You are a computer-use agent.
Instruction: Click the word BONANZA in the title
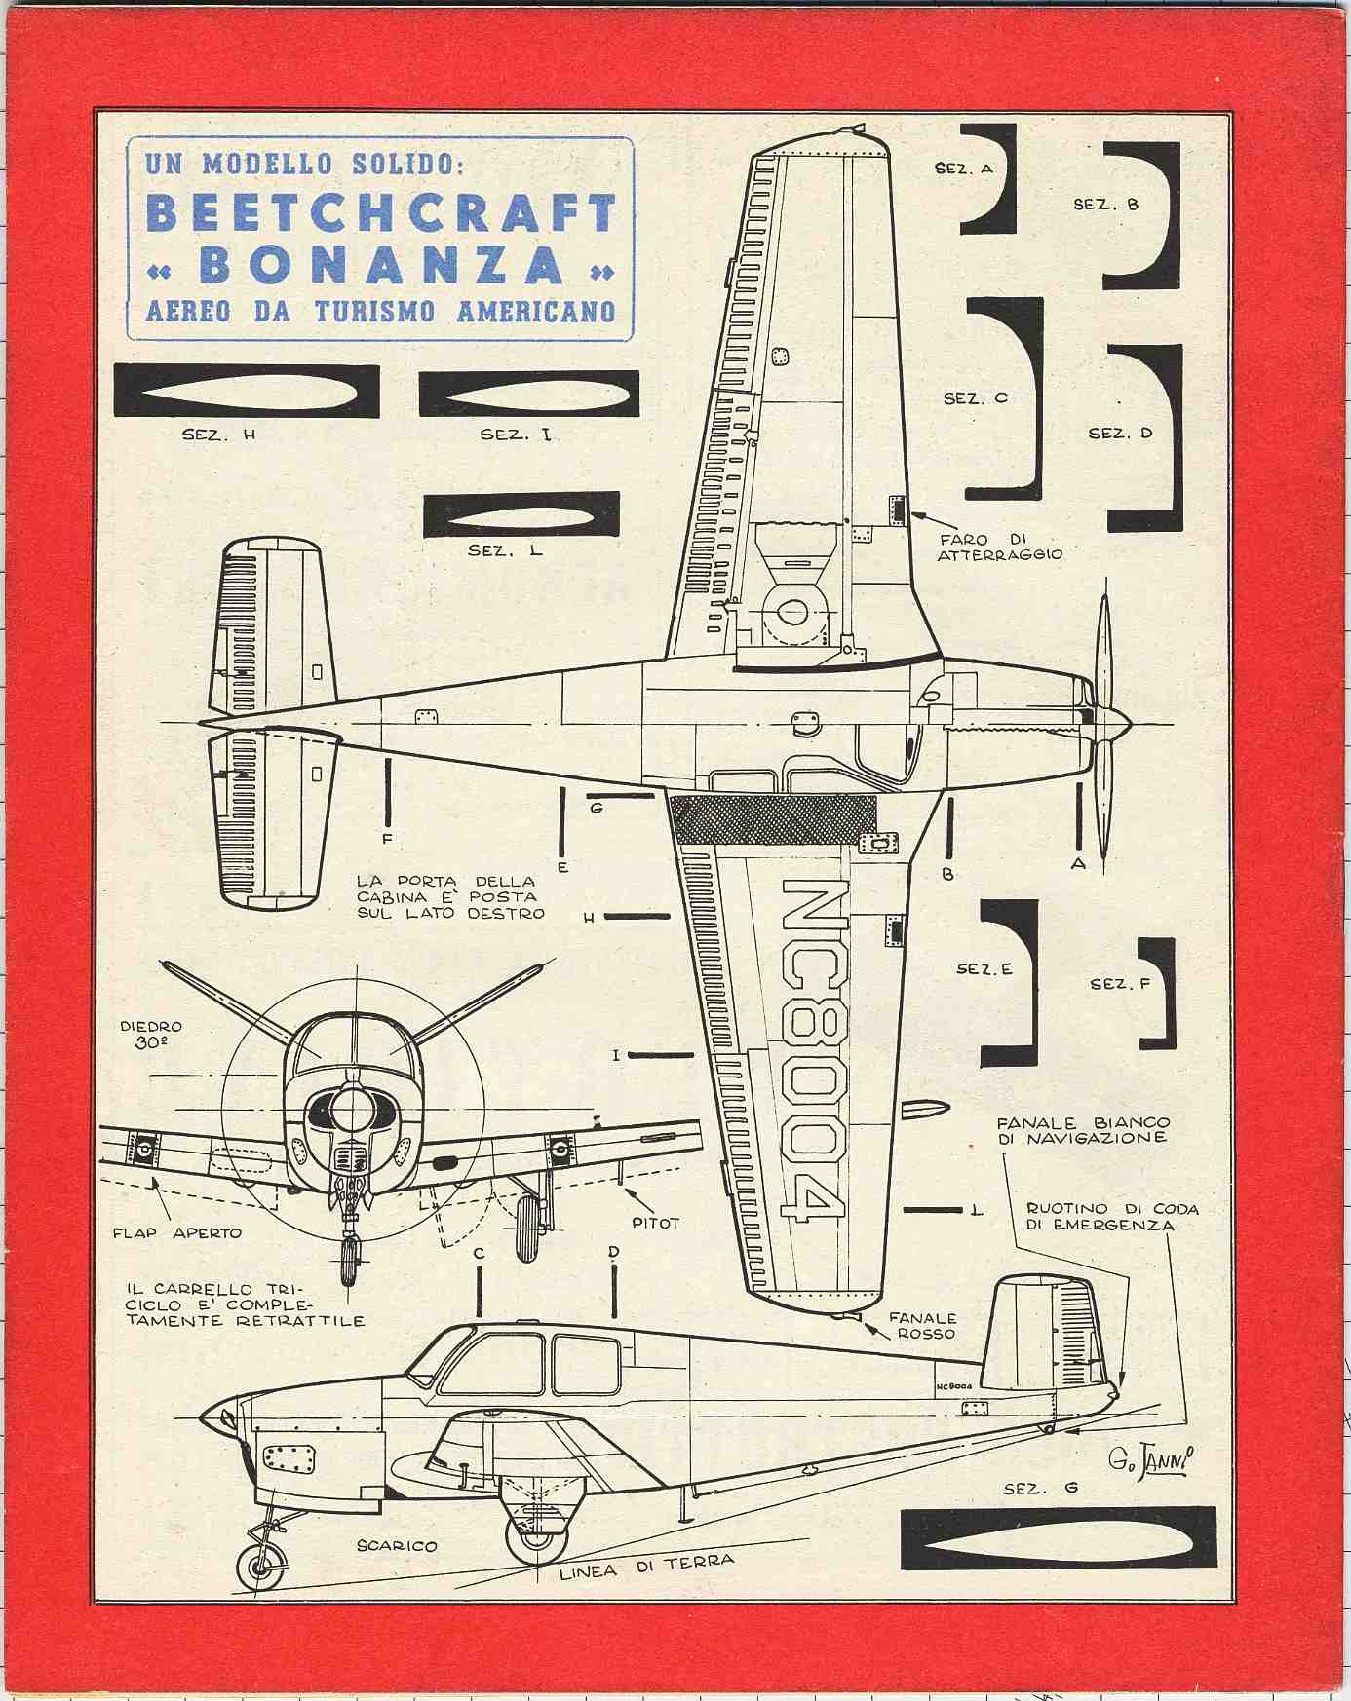[381, 264]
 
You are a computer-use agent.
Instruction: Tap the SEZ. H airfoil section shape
[247, 391]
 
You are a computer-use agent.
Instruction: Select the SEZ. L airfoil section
[521, 514]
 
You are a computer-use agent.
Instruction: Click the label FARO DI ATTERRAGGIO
[999, 547]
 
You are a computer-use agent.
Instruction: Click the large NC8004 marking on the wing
[811, 1052]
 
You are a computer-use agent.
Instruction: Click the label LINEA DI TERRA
[647, 1567]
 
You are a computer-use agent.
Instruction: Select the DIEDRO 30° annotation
[151, 1035]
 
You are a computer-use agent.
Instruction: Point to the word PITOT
[655, 1223]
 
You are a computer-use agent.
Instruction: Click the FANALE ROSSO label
[922, 1326]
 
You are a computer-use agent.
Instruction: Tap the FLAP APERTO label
[176, 1232]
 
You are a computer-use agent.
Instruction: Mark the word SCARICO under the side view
[396, 1546]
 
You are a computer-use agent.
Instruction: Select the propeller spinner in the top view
[1116, 723]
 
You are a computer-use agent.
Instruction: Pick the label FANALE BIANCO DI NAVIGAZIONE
[1082, 1130]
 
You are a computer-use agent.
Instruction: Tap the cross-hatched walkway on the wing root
[773, 818]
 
